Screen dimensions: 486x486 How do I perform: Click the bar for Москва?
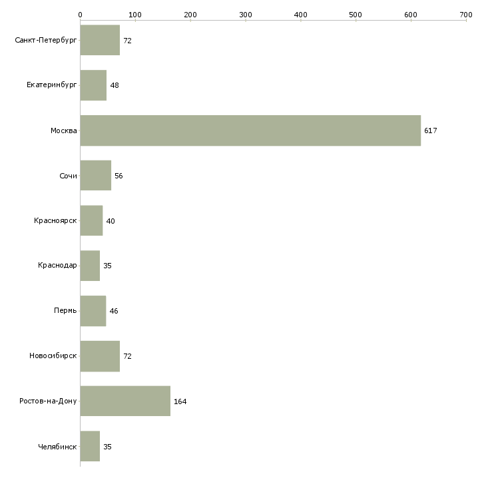[x=250, y=130]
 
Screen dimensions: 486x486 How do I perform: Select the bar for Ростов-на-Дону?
[x=125, y=401]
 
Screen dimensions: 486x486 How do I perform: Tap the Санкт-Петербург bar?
[x=100, y=40]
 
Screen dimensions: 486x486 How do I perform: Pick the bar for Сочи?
[x=96, y=176]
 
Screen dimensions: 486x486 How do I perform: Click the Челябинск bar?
[x=90, y=446]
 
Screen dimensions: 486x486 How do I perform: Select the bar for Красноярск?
[x=91, y=220]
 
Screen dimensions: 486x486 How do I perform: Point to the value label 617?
[x=431, y=130]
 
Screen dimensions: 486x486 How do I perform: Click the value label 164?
[x=180, y=401]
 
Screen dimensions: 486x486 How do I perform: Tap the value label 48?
[x=115, y=85]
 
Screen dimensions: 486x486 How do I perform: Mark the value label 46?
[x=114, y=311]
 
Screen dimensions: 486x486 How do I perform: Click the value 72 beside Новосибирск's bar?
[x=127, y=356]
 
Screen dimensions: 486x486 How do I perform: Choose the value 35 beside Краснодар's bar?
[x=107, y=266]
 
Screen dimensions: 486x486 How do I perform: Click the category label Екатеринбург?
[x=51, y=85]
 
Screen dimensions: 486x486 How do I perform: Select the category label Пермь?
[x=65, y=310]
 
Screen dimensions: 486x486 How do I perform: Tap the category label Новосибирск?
[x=53, y=356]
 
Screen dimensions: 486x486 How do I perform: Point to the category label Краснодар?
[x=57, y=266]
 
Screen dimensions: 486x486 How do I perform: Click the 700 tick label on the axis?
[x=466, y=15]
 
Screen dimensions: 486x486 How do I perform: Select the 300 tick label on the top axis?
[x=246, y=15]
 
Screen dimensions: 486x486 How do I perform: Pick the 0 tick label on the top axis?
[x=81, y=15]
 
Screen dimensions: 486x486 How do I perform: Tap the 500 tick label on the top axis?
[x=356, y=15]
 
